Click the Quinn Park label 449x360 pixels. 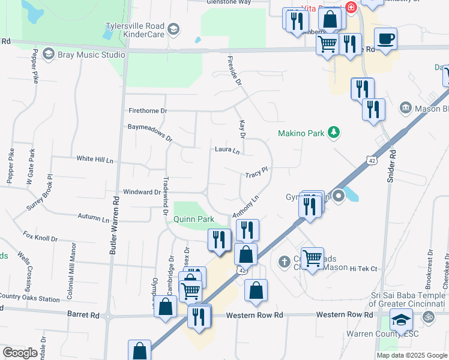[194, 220]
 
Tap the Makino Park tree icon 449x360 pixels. [335, 132]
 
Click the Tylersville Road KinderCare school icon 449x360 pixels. [173, 28]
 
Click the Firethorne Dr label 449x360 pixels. [148, 111]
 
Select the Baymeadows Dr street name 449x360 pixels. [150, 132]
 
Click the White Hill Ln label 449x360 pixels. [95, 159]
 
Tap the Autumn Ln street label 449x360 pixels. [93, 218]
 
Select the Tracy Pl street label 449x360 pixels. [256, 173]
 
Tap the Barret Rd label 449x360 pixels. [83, 314]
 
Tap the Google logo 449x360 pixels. [20, 353]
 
